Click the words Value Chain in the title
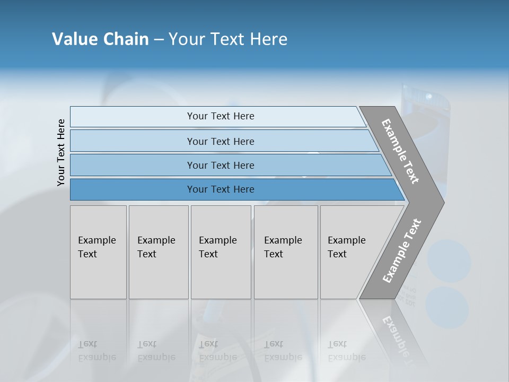click(x=100, y=39)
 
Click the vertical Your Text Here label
click(x=61, y=152)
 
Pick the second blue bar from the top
click(x=220, y=141)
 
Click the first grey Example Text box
click(x=98, y=252)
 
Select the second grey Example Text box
click(x=159, y=252)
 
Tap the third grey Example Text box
click(x=221, y=252)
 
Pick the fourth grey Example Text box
click(x=286, y=252)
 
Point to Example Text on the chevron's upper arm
click(x=400, y=151)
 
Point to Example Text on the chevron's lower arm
click(x=402, y=251)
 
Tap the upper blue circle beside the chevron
click(x=450, y=261)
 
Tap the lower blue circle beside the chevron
click(x=447, y=307)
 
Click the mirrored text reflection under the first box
click(x=97, y=351)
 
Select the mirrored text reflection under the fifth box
click(x=347, y=351)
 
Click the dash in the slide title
click(x=159, y=39)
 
